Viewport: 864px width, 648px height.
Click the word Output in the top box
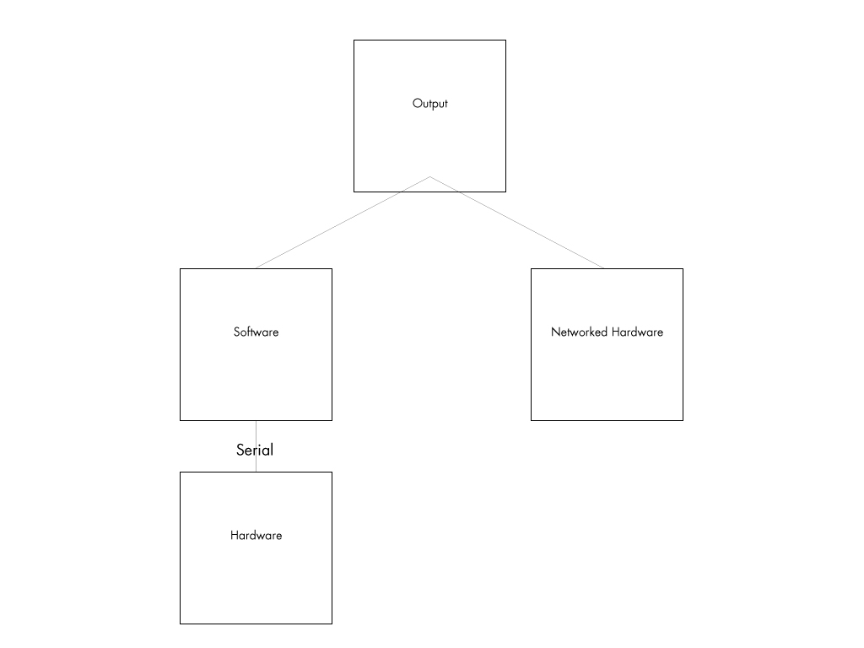pyautogui.click(x=429, y=104)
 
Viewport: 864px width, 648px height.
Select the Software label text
pyautogui.click(x=256, y=332)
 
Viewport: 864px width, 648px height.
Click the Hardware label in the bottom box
pyautogui.click(x=256, y=535)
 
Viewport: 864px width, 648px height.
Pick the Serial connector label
pyautogui.click(x=255, y=450)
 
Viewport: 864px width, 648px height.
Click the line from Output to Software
pyautogui.click(x=343, y=223)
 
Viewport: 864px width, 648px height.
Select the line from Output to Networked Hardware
pyautogui.click(x=517, y=223)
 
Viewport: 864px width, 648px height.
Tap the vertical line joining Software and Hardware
pyautogui.click(x=256, y=446)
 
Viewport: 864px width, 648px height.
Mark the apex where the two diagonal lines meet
pyautogui.click(x=429, y=177)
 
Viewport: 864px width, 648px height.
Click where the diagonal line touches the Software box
pyautogui.click(x=256, y=268)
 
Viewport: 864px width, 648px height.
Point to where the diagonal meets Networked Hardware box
pyautogui.click(x=603, y=268)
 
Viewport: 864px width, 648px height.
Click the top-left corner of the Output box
pyautogui.click(x=354, y=40)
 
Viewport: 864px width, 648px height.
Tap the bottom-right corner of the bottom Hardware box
pyautogui.click(x=332, y=624)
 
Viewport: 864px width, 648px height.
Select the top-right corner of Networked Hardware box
pyautogui.click(x=683, y=269)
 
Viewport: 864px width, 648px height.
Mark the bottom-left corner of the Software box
pyautogui.click(x=181, y=420)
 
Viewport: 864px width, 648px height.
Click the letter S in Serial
pyautogui.click(x=240, y=451)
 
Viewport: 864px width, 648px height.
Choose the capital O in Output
pyautogui.click(x=417, y=103)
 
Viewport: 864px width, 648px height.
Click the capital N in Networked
pyautogui.click(x=555, y=332)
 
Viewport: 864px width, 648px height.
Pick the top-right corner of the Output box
pyautogui.click(x=506, y=40)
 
